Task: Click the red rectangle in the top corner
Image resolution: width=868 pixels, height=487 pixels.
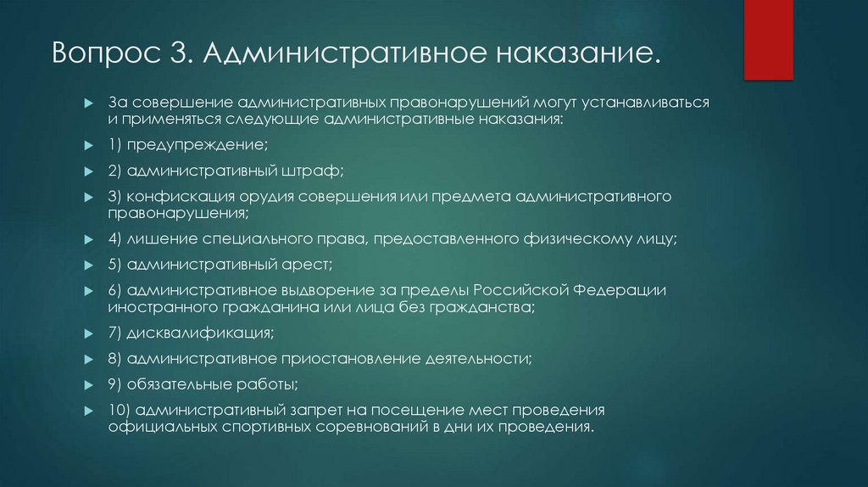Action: pyautogui.click(x=768, y=39)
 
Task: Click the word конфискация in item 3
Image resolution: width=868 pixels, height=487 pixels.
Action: pyautogui.click(x=179, y=197)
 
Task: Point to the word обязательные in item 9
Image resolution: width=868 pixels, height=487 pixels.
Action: pyautogui.click(x=174, y=384)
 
